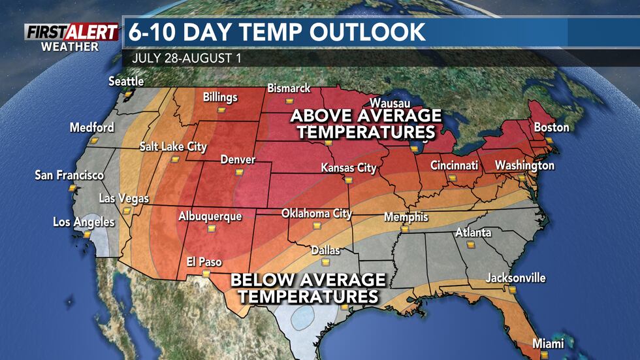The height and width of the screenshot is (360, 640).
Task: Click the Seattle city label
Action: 126,82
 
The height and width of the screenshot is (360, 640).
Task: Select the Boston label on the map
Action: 551,127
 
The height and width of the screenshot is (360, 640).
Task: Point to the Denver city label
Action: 238,159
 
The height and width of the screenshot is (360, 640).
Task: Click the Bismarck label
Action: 289,89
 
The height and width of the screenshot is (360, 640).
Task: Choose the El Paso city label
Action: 204,262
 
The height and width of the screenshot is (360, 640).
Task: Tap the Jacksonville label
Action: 515,278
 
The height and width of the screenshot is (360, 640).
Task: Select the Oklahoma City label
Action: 317,214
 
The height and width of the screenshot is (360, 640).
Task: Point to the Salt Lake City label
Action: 173,147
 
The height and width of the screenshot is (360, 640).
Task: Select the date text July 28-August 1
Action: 186,57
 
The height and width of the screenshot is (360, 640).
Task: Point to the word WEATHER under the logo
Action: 69,46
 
